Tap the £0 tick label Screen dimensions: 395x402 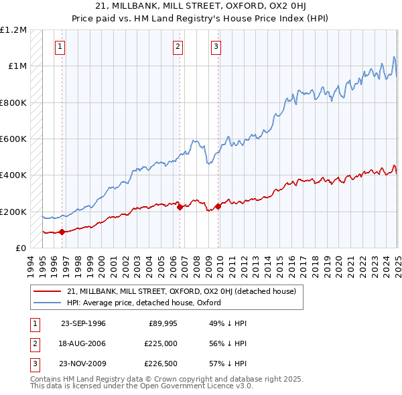(19, 248)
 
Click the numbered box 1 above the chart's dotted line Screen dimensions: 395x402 (60, 46)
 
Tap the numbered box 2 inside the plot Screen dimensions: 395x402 (178, 46)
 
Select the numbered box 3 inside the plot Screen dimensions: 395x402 (216, 46)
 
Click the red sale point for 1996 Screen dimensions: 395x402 (62, 232)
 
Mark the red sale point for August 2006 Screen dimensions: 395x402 (180, 208)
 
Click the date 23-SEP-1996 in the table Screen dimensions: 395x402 (83, 323)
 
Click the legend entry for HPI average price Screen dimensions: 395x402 (144, 303)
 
